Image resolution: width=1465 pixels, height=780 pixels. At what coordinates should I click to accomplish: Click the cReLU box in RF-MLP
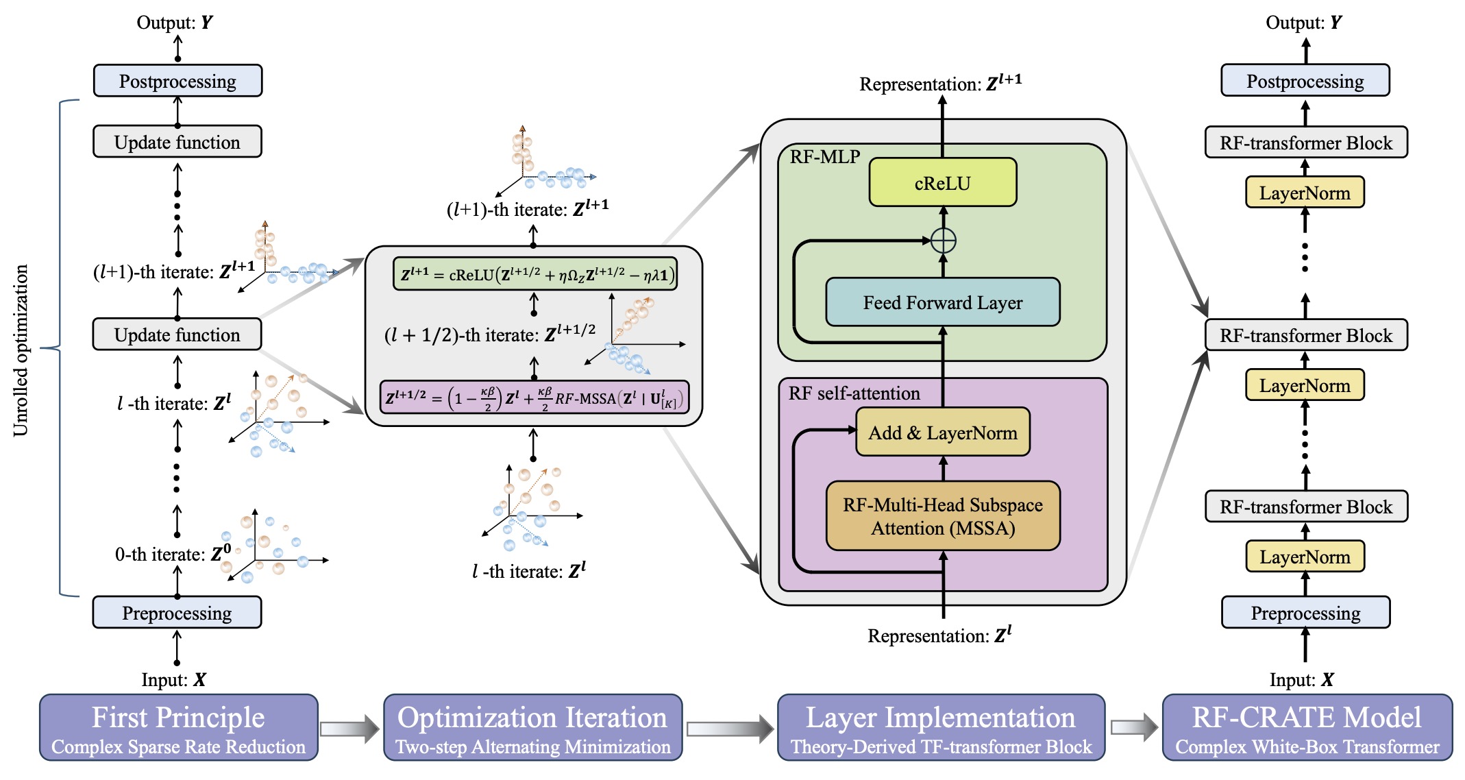coord(942,182)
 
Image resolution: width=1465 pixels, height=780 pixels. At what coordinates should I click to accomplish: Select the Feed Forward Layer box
coord(942,302)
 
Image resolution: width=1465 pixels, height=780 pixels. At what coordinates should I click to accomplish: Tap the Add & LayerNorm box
coord(942,432)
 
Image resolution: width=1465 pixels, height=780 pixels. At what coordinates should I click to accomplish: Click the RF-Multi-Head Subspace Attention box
coord(942,516)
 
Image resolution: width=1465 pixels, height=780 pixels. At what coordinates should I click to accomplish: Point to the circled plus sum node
coord(944,241)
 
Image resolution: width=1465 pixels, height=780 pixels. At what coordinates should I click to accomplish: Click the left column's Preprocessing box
coord(177,612)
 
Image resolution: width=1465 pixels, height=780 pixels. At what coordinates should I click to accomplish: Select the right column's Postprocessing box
coord(1305,81)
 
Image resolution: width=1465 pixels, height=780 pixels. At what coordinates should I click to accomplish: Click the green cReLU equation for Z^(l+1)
coord(534,274)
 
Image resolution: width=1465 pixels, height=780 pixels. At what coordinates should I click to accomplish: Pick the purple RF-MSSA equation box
coord(534,398)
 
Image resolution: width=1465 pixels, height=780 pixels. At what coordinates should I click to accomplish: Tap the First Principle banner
coord(178,727)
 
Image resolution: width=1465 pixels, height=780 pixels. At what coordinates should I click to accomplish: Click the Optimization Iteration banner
coord(532,727)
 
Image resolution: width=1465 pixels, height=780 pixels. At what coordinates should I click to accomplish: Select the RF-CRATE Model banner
coord(1307,727)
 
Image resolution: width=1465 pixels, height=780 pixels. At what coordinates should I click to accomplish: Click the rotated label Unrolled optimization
coord(21,350)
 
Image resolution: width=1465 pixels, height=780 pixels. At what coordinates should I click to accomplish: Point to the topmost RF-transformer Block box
coord(1305,143)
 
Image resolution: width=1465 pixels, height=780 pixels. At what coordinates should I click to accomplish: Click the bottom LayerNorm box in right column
coord(1305,557)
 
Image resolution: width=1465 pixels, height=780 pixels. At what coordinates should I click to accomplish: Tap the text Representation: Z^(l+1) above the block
coord(940,83)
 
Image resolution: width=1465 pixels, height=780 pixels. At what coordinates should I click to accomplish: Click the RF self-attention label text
coord(854,393)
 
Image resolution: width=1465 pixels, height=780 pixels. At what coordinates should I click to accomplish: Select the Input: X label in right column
coord(1301,679)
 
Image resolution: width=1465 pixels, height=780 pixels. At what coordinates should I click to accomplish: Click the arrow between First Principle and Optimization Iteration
coord(349,729)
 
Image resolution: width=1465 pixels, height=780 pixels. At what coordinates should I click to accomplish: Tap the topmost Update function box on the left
coord(177,142)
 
